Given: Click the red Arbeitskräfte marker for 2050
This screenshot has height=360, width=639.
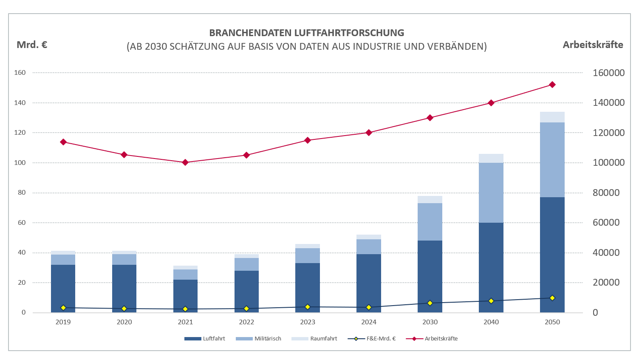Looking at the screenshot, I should (552, 85).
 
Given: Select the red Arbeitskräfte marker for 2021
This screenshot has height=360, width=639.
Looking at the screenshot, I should (185, 162).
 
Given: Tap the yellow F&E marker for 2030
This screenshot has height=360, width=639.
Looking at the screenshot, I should (430, 303).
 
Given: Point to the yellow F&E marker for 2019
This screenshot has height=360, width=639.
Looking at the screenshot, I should (63, 308).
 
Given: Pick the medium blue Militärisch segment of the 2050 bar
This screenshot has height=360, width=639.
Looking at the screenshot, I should (552, 159).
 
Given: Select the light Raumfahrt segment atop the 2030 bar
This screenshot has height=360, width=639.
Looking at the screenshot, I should (430, 199).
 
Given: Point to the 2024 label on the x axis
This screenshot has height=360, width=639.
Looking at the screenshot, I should (369, 322).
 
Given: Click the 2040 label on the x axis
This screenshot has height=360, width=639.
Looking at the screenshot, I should (491, 322).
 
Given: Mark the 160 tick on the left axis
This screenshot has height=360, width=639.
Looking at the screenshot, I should (20, 73).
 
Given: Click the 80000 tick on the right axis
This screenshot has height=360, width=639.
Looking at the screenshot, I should (606, 193).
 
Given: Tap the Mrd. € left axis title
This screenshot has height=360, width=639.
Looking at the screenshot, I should (32, 45).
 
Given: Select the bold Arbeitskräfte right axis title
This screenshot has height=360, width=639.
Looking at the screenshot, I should (593, 45).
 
